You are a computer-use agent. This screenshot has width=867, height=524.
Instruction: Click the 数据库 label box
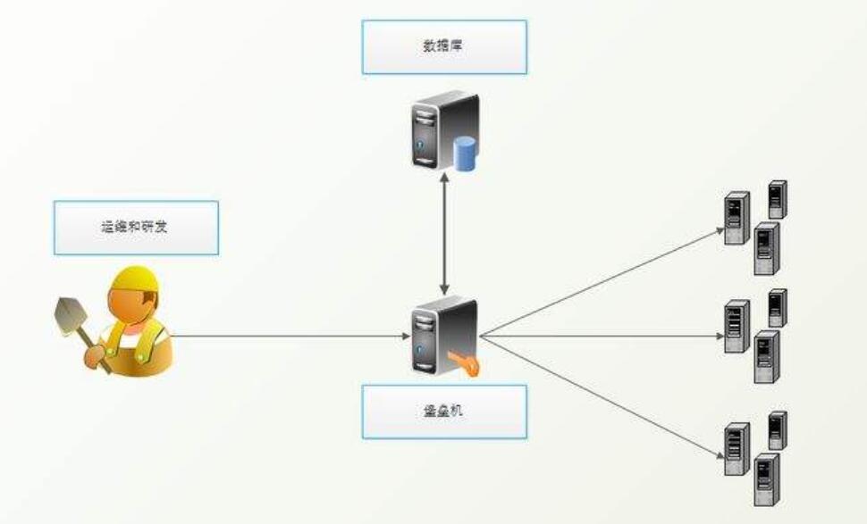coord(444,47)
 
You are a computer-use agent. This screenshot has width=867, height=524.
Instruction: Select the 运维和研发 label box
coord(136,227)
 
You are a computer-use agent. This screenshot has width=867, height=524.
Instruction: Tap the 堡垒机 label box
coord(444,412)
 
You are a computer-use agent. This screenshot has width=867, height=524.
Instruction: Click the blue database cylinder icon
coord(464,154)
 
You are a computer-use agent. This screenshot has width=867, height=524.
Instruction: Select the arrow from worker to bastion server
coord(286,337)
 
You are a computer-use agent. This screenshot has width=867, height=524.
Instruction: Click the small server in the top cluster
coord(778,199)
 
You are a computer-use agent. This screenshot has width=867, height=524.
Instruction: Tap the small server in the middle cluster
coord(778,308)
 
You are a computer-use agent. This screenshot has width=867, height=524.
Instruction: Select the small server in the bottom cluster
coord(778,430)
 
